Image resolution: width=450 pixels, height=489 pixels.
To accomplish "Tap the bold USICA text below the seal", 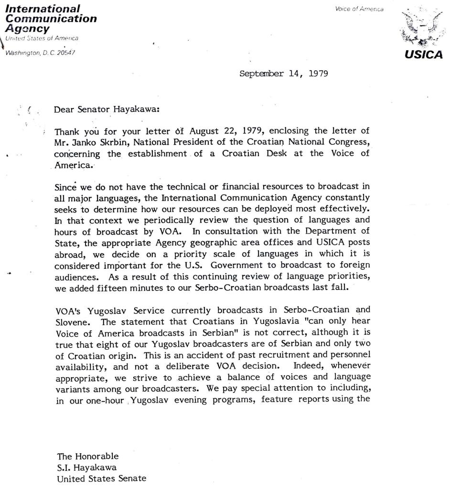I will click(x=424, y=54).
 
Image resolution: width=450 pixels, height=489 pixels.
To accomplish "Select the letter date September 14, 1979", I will click(x=284, y=74).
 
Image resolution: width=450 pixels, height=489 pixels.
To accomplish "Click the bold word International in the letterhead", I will click(x=42, y=9).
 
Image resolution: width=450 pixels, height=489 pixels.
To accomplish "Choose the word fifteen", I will click(x=113, y=288).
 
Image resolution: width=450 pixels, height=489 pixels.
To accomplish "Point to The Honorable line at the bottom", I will click(x=88, y=456).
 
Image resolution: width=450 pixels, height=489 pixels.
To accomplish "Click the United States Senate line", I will click(x=101, y=479).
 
